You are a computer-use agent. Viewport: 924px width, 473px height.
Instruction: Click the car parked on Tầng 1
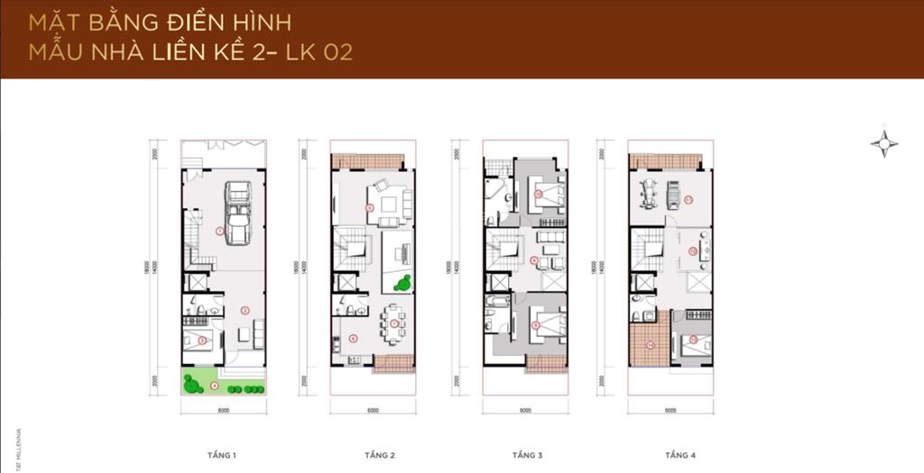(x=237, y=214)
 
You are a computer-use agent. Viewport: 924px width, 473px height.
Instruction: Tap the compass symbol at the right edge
(x=885, y=143)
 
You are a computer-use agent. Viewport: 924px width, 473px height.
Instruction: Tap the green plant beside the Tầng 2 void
(x=402, y=283)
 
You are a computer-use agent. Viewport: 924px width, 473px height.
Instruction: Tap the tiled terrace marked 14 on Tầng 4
(x=650, y=345)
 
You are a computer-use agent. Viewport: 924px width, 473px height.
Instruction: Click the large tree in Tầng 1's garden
(x=191, y=383)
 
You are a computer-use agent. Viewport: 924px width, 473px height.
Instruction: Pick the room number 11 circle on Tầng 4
(x=688, y=200)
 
